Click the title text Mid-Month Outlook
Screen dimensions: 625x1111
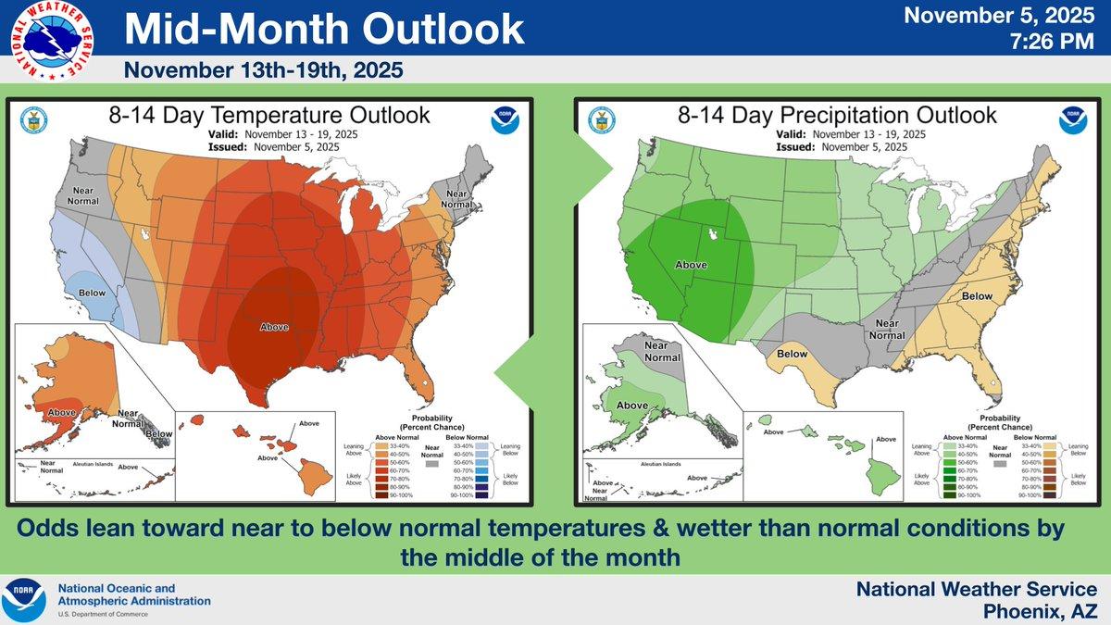tap(324, 30)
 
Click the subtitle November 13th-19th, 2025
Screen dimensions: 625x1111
tap(263, 70)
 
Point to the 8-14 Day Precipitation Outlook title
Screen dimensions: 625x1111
tap(837, 116)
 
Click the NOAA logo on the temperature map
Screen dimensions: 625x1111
tap(506, 121)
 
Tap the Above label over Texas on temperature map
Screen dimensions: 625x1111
tap(274, 326)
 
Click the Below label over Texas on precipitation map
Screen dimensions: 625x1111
tap(793, 354)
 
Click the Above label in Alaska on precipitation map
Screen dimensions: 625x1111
tap(632, 406)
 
